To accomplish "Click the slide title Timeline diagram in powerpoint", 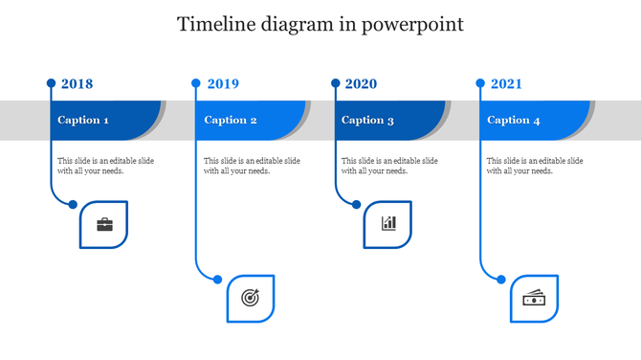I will (x=320, y=25).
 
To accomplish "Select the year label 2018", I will (x=77, y=84).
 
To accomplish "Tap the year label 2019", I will (x=223, y=84).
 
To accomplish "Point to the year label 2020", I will (x=361, y=84).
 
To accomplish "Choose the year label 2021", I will (x=506, y=84).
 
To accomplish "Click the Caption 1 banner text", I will (x=83, y=121).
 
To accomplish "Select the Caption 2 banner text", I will (x=231, y=121).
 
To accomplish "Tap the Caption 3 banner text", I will (x=367, y=121).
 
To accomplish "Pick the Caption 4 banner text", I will (x=514, y=121).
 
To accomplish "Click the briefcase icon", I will (x=104, y=225).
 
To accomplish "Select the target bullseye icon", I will (x=250, y=298).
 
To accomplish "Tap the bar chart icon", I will (x=388, y=224).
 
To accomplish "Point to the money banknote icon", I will (x=534, y=299).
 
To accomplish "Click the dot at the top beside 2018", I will (x=52, y=83).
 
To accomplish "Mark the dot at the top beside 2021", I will (x=481, y=83).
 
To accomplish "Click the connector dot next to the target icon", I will (x=218, y=280).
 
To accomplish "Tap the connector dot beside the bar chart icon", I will (x=357, y=204).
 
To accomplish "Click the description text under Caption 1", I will (x=105, y=166).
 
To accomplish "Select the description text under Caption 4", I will (x=535, y=166).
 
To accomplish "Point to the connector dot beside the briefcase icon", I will (x=73, y=203).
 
